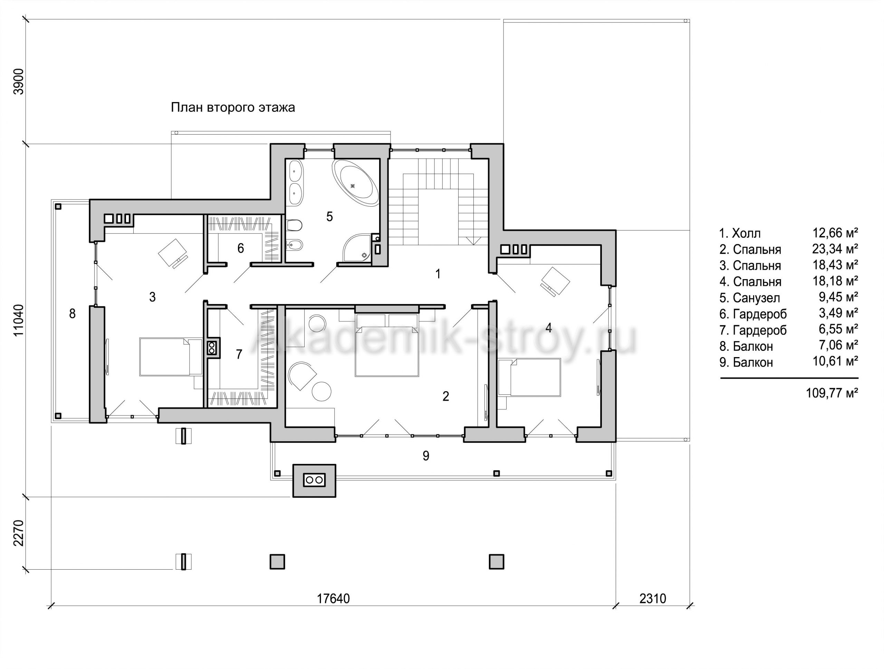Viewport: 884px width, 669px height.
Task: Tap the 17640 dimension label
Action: (333, 598)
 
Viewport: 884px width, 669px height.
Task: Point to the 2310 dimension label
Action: (653, 598)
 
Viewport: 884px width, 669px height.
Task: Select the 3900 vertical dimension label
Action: (19, 81)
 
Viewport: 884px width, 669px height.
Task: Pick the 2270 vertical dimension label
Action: (19, 533)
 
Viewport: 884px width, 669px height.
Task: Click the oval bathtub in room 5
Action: (355, 183)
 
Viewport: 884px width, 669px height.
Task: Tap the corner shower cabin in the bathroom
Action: (357, 248)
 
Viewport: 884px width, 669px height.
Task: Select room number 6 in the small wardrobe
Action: (241, 248)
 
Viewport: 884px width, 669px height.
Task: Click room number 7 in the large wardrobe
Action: (239, 354)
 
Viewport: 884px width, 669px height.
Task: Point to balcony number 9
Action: (426, 456)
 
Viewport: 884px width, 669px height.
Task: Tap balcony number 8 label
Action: (72, 314)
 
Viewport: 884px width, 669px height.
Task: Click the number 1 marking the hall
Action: (438, 274)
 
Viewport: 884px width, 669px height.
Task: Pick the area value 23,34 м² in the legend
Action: (835, 249)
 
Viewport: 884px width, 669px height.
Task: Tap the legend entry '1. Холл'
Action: (740, 233)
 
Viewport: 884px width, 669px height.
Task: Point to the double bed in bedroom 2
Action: (387, 345)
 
